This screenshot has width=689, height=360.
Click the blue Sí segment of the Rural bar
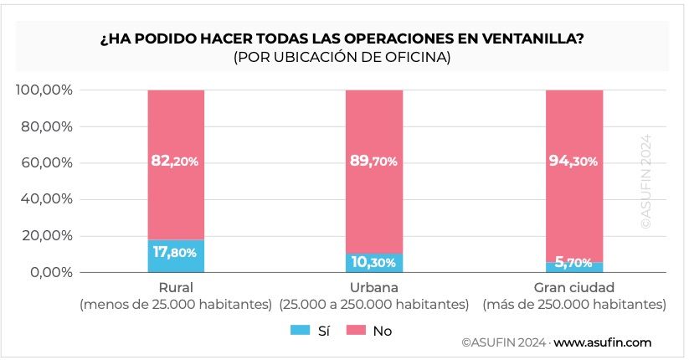pos(176,256)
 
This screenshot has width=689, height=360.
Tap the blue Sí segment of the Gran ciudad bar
pos(574,267)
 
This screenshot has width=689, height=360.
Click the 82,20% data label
pos(175,161)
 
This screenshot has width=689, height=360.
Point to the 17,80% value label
pos(175,251)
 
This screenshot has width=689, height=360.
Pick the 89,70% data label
pos(374,161)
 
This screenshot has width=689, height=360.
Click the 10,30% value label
pos(374,262)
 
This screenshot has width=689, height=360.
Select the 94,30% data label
pos(574,161)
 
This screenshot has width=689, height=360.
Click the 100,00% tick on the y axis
pos(44,90)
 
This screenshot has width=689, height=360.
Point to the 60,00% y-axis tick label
pos(47,162)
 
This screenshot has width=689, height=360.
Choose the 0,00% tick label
pos(50,272)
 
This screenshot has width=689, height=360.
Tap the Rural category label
pos(176,288)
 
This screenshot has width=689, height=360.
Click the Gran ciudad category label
pos(574,288)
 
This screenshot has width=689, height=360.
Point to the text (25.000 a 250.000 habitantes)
pos(374,305)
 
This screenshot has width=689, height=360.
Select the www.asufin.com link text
pos(602,343)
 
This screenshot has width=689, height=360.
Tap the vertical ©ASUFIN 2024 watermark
pos(645,183)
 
